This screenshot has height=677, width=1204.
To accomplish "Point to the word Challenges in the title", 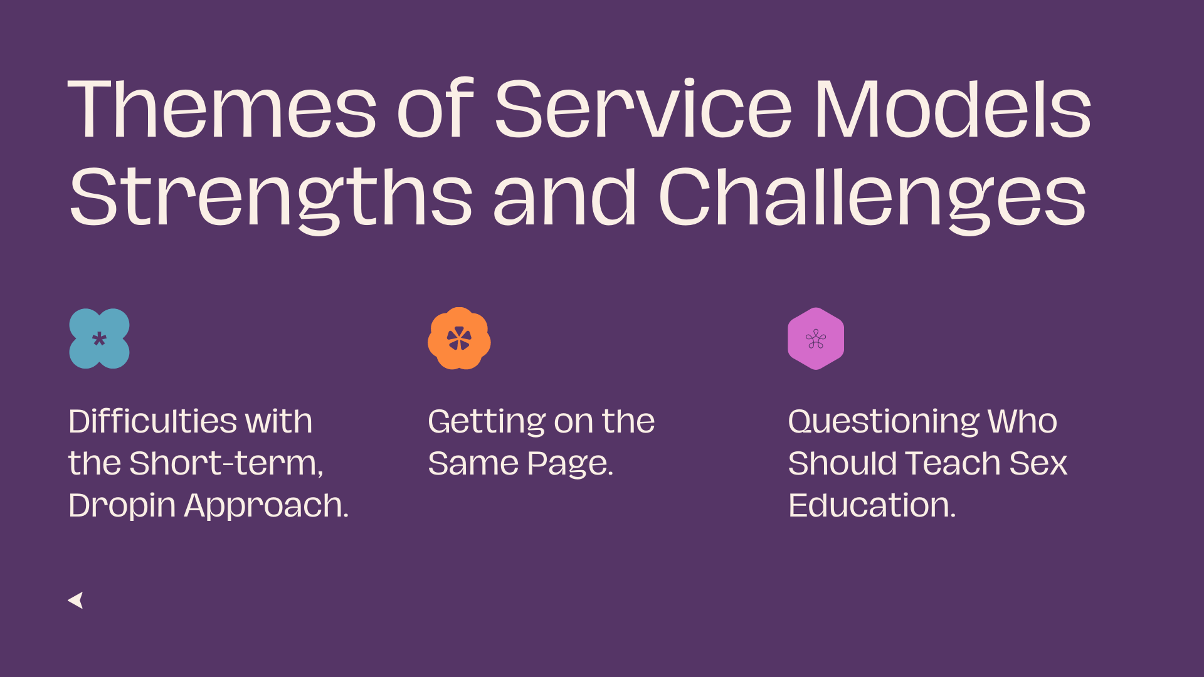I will pyautogui.click(x=872, y=197).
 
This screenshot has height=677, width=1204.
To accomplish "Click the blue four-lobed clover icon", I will pyautogui.click(x=99, y=338).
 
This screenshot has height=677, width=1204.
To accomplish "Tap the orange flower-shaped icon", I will pyautogui.click(x=459, y=338).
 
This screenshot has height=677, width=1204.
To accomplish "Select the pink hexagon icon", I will pyautogui.click(x=815, y=338).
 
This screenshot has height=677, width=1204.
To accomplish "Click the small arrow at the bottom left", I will pyautogui.click(x=76, y=600).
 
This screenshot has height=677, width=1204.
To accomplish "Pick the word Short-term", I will pyautogui.click(x=226, y=464).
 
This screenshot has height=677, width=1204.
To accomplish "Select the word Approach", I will pyautogui.click(x=266, y=506).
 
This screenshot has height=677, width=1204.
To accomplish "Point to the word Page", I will pyautogui.click(x=570, y=464).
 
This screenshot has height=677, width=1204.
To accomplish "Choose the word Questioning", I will pyautogui.click(x=883, y=421).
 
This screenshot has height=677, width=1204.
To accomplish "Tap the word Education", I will pyautogui.click(x=872, y=506).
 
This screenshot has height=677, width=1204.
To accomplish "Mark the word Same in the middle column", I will pyautogui.click(x=473, y=464).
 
